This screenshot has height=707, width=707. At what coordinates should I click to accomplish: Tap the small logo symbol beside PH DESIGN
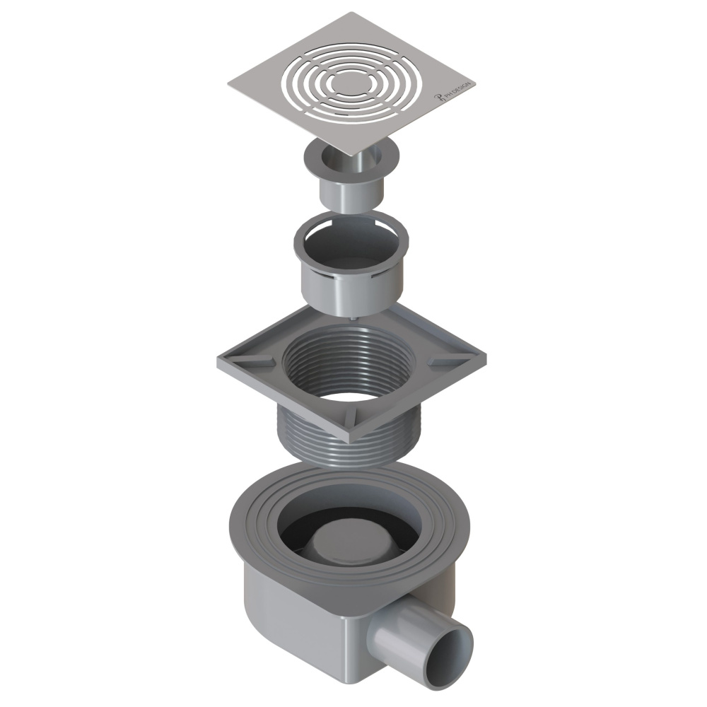pyautogui.click(x=437, y=99)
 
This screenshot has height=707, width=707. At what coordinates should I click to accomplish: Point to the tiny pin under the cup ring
pyautogui.click(x=352, y=319)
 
